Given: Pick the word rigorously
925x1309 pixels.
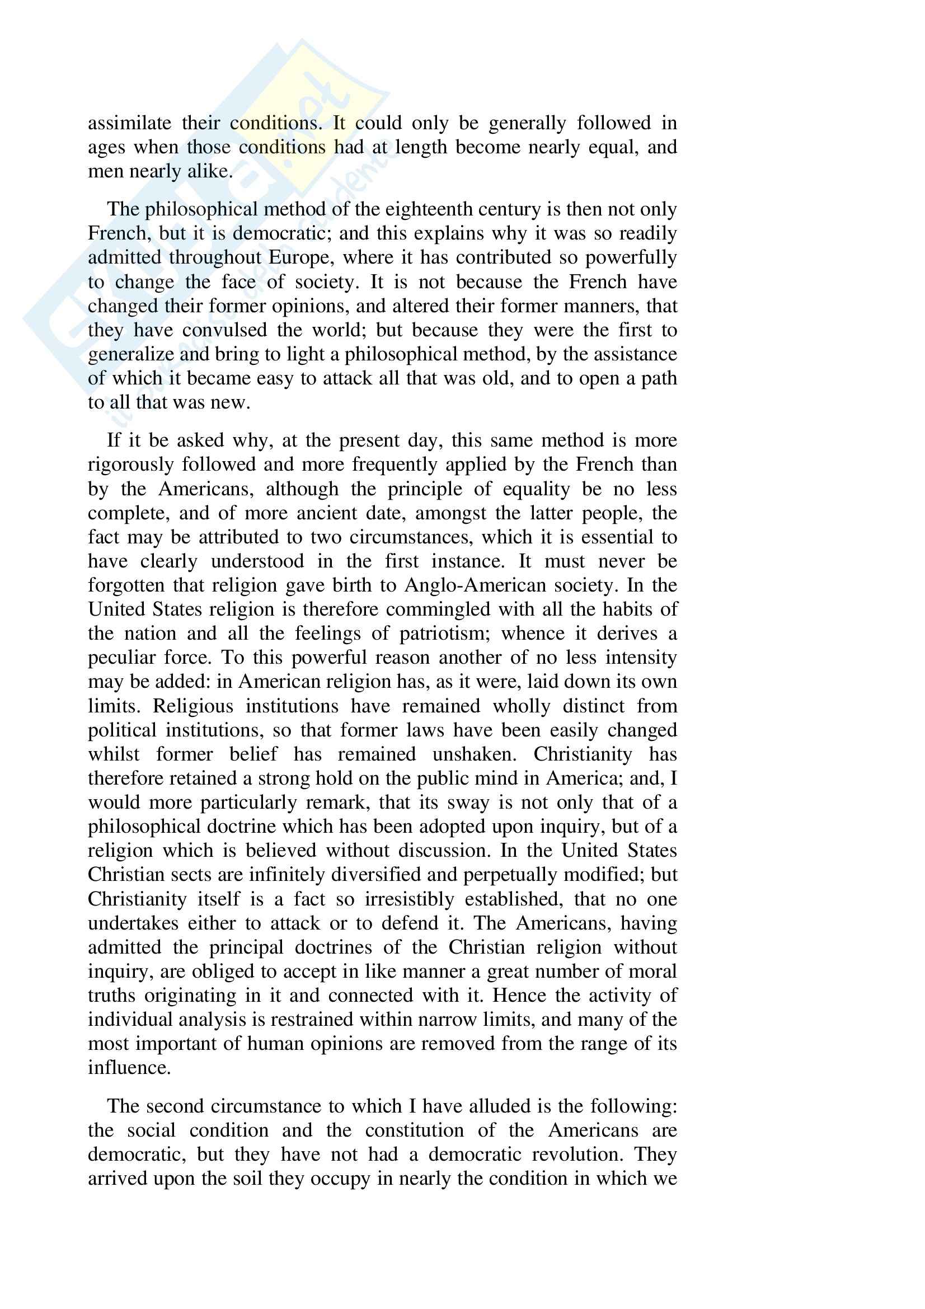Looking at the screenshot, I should (130, 465).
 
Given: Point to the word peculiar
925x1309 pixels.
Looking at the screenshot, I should (120, 658).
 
